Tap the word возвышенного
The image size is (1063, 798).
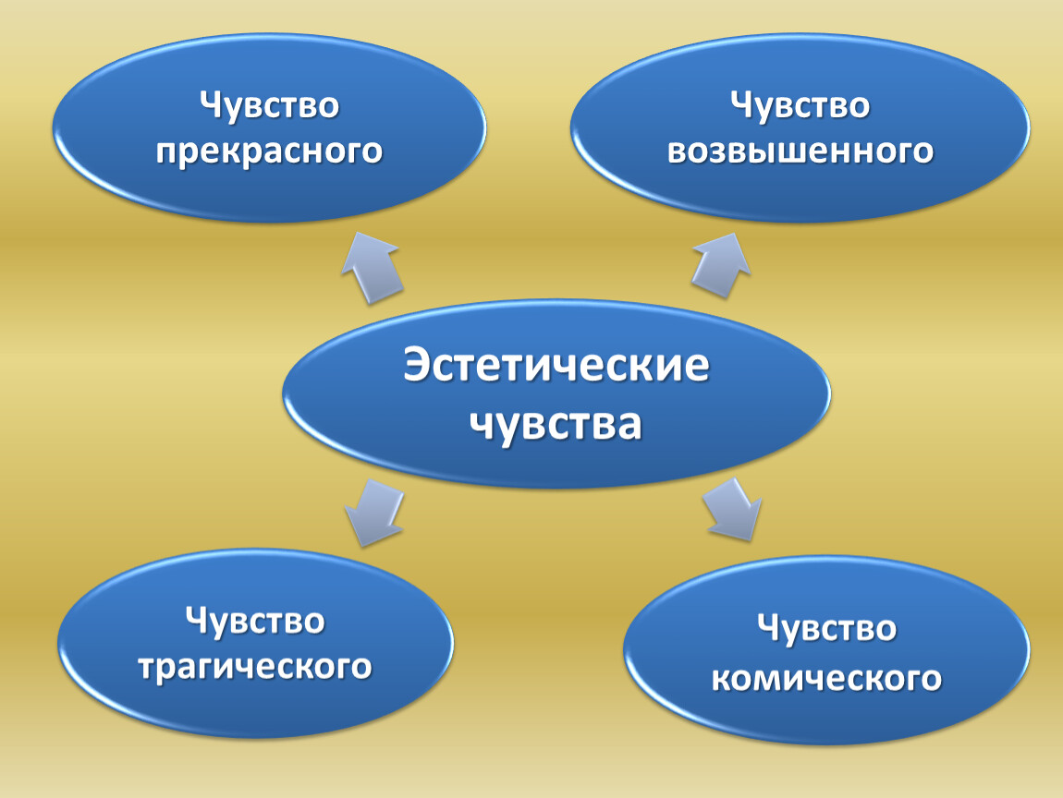coord(800,151)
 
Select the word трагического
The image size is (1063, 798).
coord(255,668)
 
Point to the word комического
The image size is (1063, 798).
coord(826,678)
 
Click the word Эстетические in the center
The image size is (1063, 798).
coord(556,366)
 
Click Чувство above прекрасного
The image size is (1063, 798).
coord(270,106)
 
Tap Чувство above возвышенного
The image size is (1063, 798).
coord(800,106)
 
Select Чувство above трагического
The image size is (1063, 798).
coord(255,622)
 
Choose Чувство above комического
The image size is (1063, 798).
coord(826,629)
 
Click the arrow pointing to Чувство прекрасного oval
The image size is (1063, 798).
coord(373,268)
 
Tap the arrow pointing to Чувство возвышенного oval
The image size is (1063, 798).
coord(721,265)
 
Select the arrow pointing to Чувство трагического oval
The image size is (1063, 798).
coord(373,512)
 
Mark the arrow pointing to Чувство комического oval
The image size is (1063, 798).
coord(732,510)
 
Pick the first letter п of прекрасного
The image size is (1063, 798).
coord(166,152)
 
